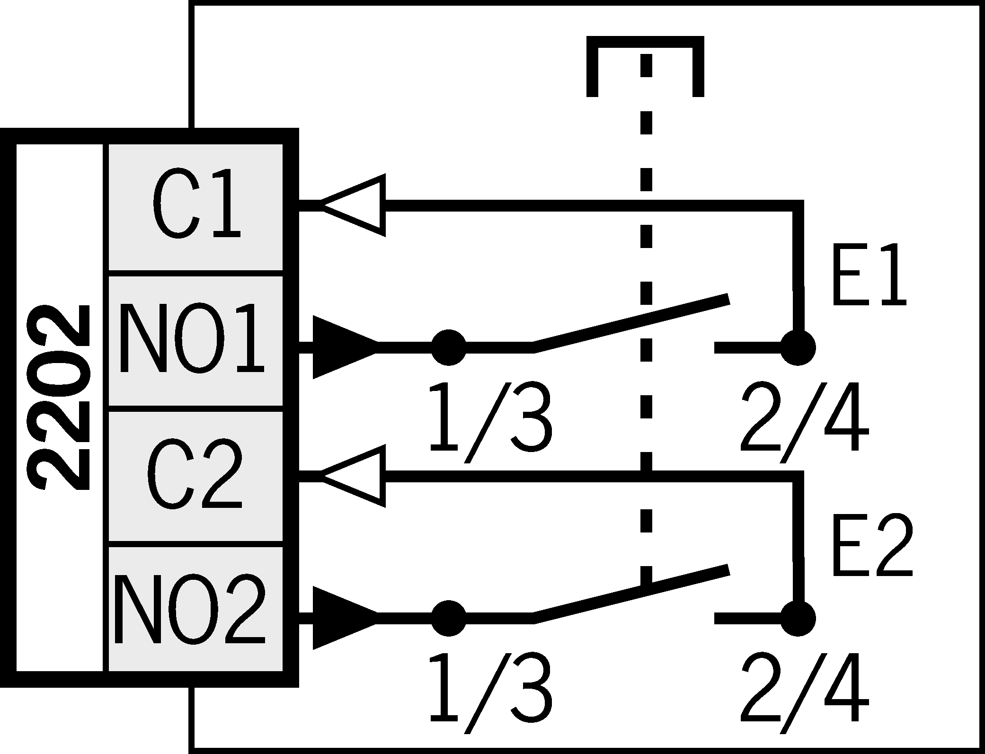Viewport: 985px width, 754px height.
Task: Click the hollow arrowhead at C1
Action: [x=355, y=205]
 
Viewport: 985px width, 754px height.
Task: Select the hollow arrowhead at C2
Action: [x=355, y=476]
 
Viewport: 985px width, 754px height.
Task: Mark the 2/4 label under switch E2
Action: [x=805, y=693]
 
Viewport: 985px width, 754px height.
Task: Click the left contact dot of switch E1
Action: [x=449, y=347]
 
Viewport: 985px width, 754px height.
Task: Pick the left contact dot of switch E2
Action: [x=449, y=618]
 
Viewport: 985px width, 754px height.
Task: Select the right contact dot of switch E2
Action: [x=798, y=618]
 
